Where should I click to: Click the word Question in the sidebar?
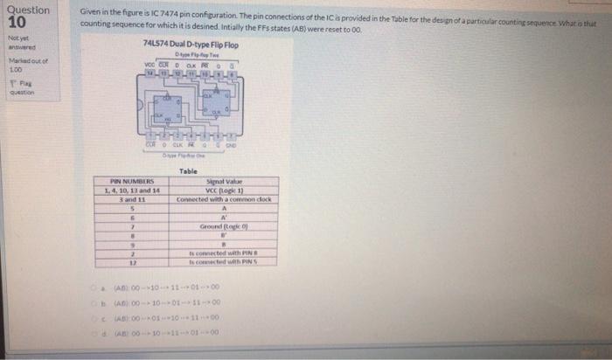pyautogui.click(x=28, y=10)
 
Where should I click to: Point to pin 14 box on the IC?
pyautogui.click(x=150, y=76)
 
